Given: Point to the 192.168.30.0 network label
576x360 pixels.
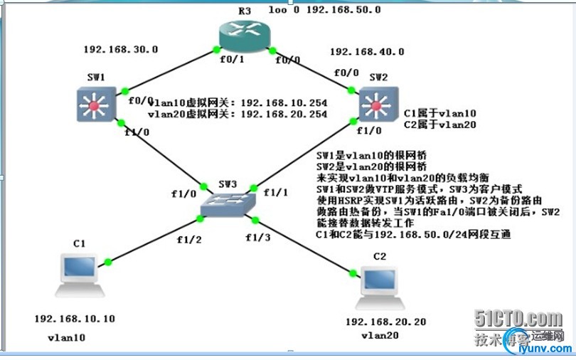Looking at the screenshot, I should (120, 50).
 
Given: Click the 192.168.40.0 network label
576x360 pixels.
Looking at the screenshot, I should (367, 52).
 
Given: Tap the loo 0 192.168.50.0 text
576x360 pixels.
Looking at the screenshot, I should (324, 10).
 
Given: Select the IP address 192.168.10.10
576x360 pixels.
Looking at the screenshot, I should (74, 319).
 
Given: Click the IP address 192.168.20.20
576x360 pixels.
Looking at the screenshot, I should (385, 322).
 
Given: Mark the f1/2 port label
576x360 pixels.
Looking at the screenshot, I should (188, 240).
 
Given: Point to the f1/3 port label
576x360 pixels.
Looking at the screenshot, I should (257, 237).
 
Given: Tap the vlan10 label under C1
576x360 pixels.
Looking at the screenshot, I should (66, 337).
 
